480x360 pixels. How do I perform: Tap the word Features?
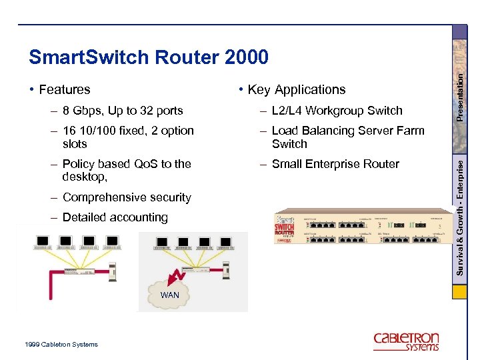pyautogui.click(x=64, y=89)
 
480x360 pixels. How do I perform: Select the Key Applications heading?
pyautogui.click(x=297, y=89)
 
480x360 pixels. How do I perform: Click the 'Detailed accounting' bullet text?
pyautogui.click(x=115, y=217)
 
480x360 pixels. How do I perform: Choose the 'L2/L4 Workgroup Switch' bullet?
pyautogui.click(x=337, y=111)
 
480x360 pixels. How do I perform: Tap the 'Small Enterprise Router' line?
pyautogui.click(x=335, y=164)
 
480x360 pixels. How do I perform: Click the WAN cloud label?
pyautogui.click(x=169, y=294)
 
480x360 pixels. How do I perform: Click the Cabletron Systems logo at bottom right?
pyautogui.click(x=406, y=341)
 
